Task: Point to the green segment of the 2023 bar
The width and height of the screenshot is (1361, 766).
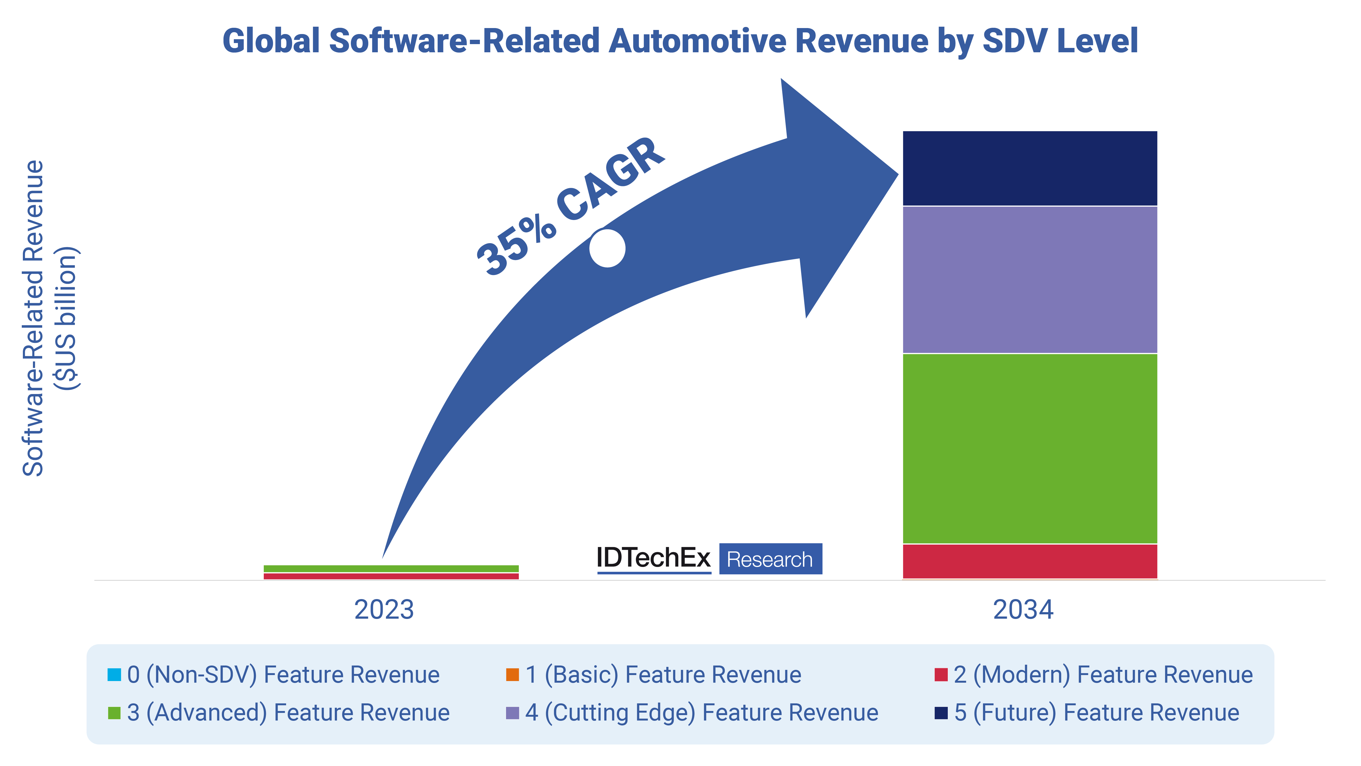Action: [x=391, y=568]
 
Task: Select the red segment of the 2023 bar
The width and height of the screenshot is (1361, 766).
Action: [x=391, y=576]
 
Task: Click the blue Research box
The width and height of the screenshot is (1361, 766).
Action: [x=770, y=559]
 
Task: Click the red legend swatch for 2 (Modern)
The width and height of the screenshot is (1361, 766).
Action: [x=940, y=675]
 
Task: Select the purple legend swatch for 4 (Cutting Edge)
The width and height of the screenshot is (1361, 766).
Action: [x=512, y=713]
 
